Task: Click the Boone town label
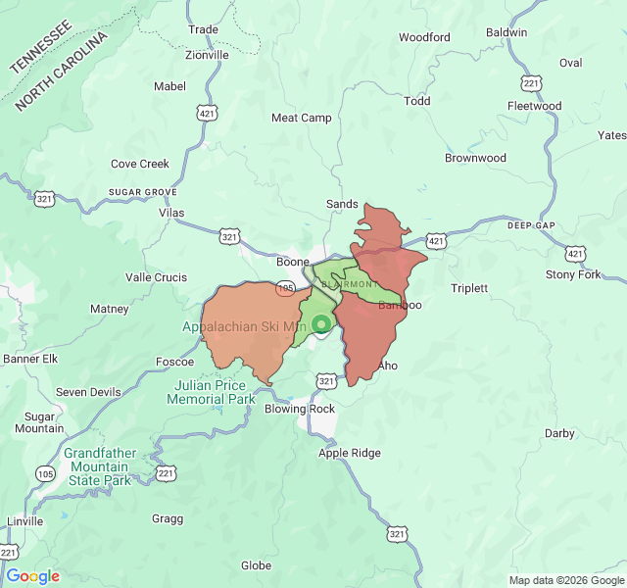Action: (292, 262)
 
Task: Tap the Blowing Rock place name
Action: (300, 409)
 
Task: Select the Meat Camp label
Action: (301, 118)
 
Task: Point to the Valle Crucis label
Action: (156, 277)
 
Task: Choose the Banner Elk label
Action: (30, 359)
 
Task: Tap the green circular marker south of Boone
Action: (320, 324)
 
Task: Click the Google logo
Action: (32, 576)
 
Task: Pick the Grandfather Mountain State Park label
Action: (97, 466)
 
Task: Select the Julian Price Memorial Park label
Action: (211, 392)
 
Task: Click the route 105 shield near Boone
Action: (285, 288)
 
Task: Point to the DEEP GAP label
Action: (531, 225)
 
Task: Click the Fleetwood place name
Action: (534, 106)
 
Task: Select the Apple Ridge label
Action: (349, 453)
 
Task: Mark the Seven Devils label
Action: (88, 392)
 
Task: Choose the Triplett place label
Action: (468, 288)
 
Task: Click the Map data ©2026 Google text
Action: (565, 579)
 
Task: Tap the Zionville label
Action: (207, 55)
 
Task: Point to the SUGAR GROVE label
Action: (142, 192)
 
